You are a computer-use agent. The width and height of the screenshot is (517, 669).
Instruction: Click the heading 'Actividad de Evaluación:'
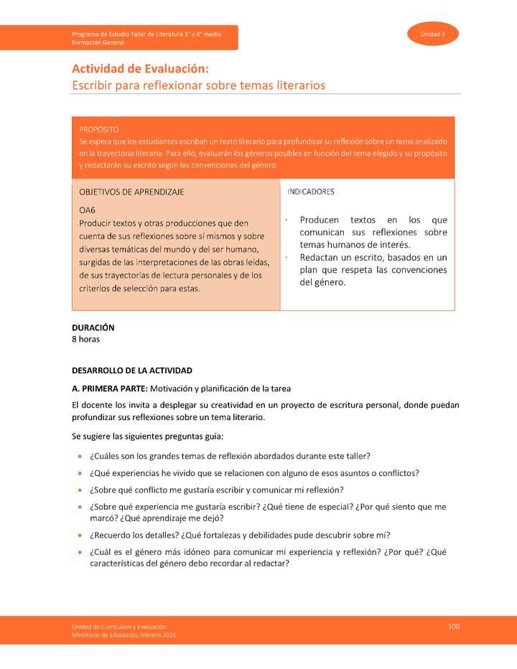140,69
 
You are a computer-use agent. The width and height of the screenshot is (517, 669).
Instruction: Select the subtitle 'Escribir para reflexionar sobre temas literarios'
198,85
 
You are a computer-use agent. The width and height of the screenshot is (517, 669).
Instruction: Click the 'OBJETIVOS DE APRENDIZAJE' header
131,192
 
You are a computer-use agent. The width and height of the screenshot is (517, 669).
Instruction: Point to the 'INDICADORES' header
310,192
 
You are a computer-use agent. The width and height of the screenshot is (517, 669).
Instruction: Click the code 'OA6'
87,211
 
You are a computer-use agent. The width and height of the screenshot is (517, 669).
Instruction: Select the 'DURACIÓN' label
93,327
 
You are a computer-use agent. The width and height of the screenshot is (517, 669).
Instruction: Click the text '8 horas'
86,339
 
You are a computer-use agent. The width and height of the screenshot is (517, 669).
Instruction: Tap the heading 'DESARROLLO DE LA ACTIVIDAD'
132,370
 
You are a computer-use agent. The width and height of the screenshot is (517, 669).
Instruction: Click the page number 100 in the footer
453,627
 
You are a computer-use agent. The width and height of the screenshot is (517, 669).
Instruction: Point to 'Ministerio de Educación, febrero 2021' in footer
124,635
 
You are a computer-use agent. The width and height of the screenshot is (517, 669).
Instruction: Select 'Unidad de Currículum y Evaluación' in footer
119,627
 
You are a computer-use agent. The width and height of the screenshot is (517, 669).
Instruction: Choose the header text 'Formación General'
98,43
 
